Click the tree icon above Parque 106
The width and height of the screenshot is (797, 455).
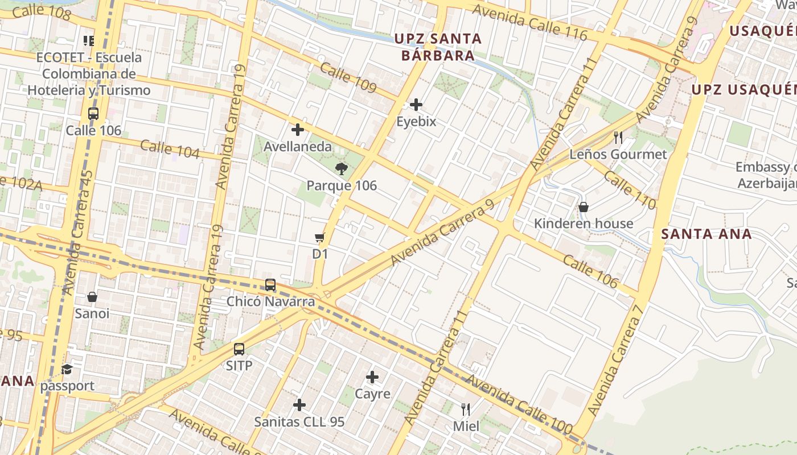tap(342, 168)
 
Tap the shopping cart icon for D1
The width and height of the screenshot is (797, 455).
tap(320, 237)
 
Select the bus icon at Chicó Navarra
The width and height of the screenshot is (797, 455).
tap(270, 284)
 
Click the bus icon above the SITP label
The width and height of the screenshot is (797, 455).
tap(239, 349)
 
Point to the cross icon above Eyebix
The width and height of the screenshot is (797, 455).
tap(416, 104)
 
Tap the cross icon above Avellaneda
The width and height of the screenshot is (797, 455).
tap(297, 129)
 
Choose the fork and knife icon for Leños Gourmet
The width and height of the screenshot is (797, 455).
tap(618, 137)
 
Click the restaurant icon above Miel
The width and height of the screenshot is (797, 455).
tap(466, 409)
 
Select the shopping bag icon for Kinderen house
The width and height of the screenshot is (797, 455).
tap(584, 207)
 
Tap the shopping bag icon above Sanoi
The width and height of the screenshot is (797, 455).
tap(92, 296)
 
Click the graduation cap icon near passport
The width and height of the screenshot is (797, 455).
tap(67, 369)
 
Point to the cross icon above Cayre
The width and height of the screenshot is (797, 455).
tap(372, 377)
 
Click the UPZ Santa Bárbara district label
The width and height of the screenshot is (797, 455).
tap(438, 47)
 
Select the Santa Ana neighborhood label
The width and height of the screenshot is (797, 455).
tap(706, 234)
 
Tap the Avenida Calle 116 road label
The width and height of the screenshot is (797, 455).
tap(529, 23)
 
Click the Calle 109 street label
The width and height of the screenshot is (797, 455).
tap(348, 77)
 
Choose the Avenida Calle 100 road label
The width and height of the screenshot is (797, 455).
tap(518, 406)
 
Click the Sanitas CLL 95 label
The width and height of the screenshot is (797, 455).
tap(299, 422)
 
